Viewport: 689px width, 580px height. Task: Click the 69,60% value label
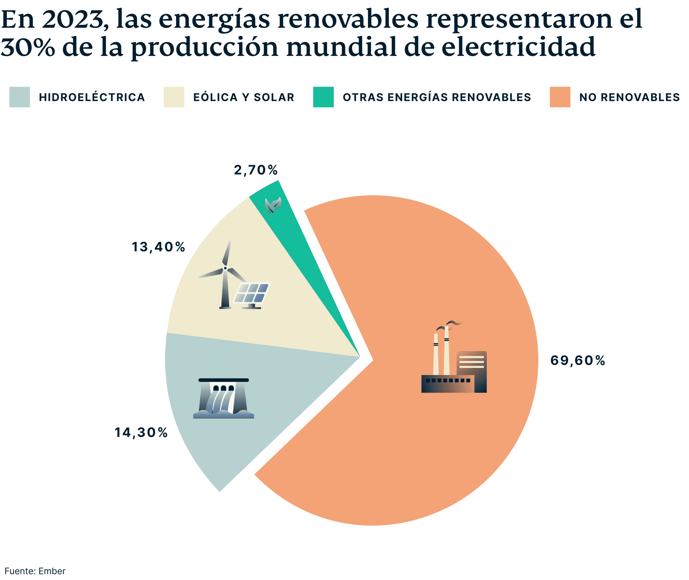click(x=577, y=361)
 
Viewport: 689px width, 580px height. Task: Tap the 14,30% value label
click(x=141, y=433)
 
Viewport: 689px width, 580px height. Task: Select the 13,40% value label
click(x=158, y=247)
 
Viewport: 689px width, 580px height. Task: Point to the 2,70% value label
click(x=255, y=170)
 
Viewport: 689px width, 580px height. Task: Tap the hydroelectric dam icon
click(x=223, y=398)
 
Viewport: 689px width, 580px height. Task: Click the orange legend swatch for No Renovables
click(x=560, y=97)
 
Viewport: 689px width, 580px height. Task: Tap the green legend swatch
click(x=323, y=97)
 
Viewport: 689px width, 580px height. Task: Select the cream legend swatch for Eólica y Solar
click(x=174, y=97)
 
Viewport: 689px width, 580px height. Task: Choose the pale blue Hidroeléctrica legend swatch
click(x=19, y=97)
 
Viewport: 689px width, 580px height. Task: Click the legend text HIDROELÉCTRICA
click(x=92, y=97)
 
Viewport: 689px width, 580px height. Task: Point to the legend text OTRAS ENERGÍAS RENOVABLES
click(x=437, y=97)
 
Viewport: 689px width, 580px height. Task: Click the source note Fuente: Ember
click(x=35, y=571)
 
